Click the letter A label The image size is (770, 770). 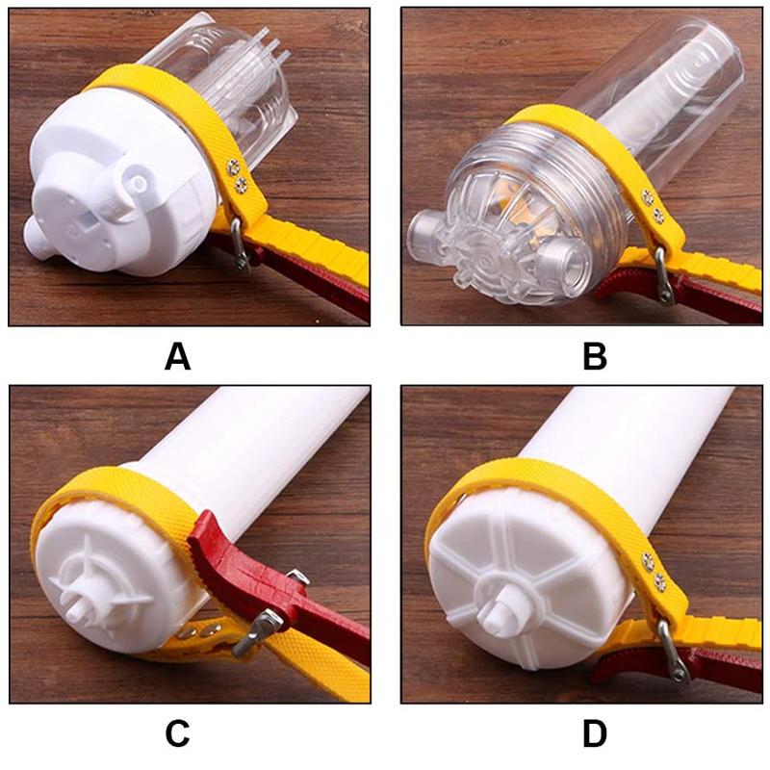(x=177, y=356)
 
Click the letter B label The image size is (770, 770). (x=595, y=356)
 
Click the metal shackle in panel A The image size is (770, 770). (x=240, y=244)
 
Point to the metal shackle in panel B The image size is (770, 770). (x=663, y=275)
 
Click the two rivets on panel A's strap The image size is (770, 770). (x=237, y=176)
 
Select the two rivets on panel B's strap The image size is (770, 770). (x=654, y=206)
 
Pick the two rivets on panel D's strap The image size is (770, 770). (x=654, y=572)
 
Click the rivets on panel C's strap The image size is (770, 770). (x=198, y=632)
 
